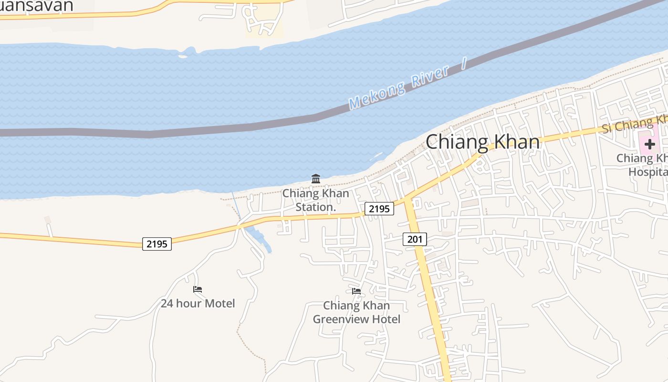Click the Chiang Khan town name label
pyautogui.click(x=482, y=142)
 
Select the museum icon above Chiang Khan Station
pyautogui.click(x=315, y=179)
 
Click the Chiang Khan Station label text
pyautogui.click(x=315, y=201)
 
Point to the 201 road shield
pyautogui.click(x=415, y=239)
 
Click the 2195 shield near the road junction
pyautogui.click(x=380, y=209)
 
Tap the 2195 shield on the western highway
pyautogui.click(x=157, y=244)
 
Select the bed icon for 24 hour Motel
pyautogui.click(x=198, y=289)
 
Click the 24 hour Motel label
pyautogui.click(x=198, y=303)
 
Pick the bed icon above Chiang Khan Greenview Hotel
pyautogui.click(x=356, y=291)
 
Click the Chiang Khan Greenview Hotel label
pyautogui.click(x=356, y=312)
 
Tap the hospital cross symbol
pyautogui.click(x=649, y=144)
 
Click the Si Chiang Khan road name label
pyautogui.click(x=635, y=123)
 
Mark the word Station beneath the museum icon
pyautogui.click(x=315, y=207)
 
